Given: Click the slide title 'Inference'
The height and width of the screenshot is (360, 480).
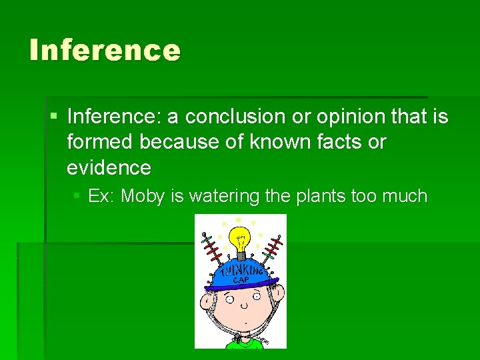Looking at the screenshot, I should [x=105, y=50].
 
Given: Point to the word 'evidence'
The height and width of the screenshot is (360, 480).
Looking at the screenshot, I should [x=109, y=167].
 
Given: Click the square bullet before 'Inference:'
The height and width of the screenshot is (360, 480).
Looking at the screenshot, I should [x=53, y=117].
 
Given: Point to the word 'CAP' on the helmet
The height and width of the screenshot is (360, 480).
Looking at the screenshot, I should [x=241, y=280].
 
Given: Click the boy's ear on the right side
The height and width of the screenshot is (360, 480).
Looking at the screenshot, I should [x=281, y=293].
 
